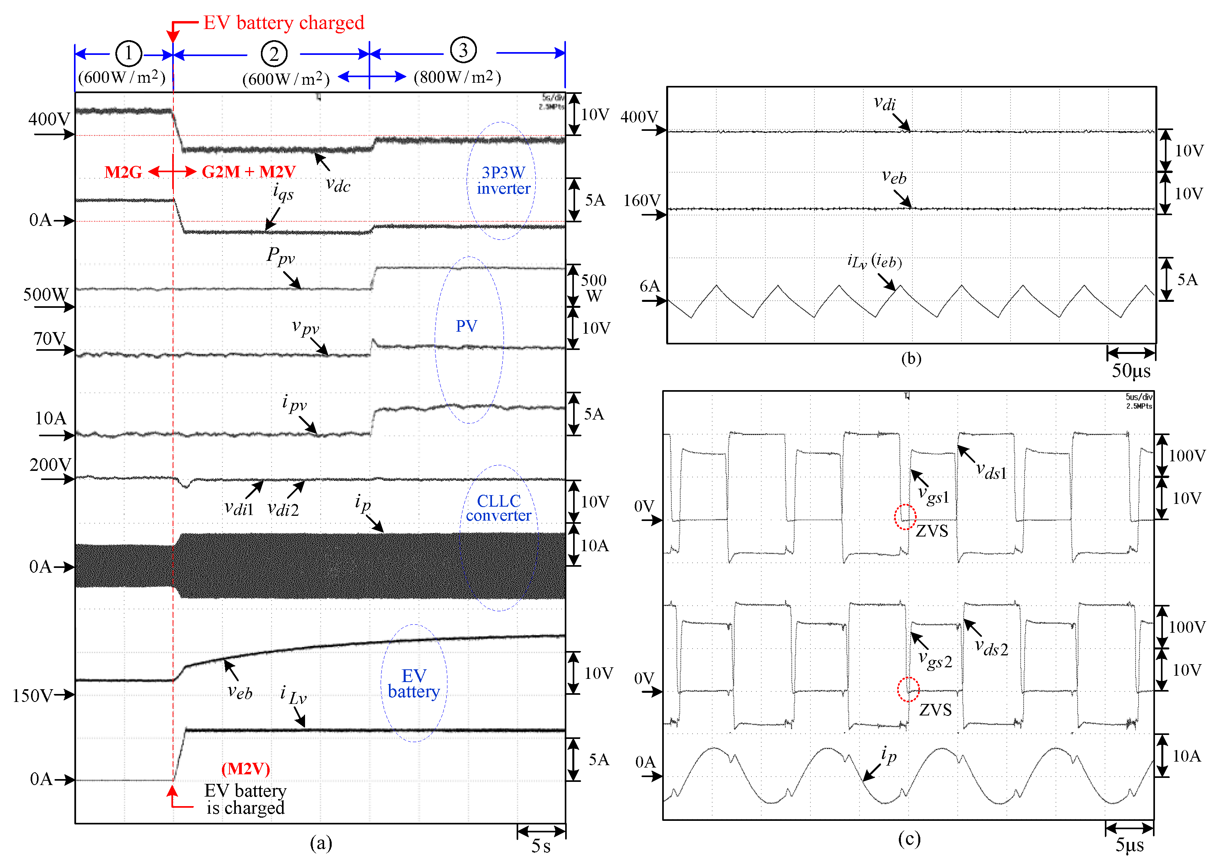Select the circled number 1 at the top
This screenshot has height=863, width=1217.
128,53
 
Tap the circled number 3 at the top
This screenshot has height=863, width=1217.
463,51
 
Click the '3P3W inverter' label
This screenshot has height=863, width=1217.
503,180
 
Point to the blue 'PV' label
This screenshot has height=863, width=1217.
466,326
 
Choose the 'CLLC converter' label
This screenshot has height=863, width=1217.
498,508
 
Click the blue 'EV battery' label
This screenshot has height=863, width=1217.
414,683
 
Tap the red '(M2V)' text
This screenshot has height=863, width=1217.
245,768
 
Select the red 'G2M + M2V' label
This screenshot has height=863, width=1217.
249,172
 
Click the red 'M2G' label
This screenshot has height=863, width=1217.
123,172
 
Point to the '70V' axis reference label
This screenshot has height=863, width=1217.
49,338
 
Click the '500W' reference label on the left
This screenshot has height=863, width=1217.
46,294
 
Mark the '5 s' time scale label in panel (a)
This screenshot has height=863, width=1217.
541,846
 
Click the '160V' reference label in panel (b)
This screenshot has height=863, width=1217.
642,200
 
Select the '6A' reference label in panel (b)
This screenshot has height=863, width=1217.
649,286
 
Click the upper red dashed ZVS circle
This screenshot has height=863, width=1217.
904,517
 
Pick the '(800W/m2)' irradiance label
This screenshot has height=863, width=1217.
457,78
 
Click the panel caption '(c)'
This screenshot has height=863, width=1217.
909,839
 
